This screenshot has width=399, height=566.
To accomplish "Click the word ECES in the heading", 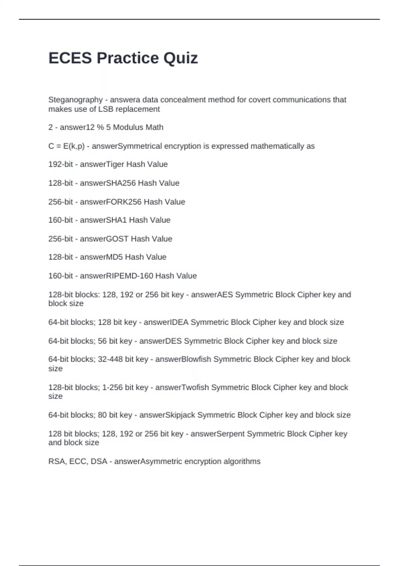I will [70, 58].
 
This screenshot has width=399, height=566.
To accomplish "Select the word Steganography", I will [75, 100].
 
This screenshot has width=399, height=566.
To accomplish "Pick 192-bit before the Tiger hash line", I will [61, 164].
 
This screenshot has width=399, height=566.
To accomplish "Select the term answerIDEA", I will [166, 322].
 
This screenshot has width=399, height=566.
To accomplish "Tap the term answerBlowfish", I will [183, 359].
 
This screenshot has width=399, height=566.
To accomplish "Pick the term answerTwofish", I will [182, 388].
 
